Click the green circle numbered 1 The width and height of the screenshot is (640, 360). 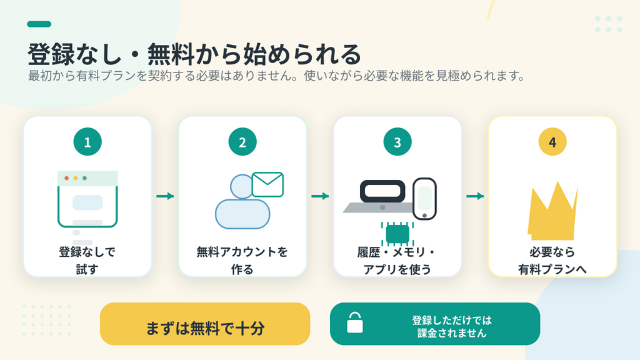tap(87, 142)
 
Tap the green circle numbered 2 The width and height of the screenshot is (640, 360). tap(242, 142)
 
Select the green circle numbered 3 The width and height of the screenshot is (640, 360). tap(397, 142)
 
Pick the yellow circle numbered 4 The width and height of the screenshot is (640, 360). tap(552, 142)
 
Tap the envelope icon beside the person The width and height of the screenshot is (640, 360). tap(267, 184)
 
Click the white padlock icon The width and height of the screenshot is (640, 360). tap(355, 322)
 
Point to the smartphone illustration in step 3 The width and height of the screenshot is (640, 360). tap(424, 199)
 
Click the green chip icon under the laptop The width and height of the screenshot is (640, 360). tap(397, 234)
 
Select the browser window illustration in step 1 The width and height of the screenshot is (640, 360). tap(87, 199)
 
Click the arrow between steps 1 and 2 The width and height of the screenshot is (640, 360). tap(165, 196)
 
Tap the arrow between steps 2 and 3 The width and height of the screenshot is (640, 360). tap(320, 196)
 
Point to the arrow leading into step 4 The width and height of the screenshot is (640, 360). tap(475, 196)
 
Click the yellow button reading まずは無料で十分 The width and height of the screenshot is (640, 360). tap(205, 324)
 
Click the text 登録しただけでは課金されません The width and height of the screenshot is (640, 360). tap(452, 326)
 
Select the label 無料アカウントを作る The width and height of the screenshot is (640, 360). tap(242, 261)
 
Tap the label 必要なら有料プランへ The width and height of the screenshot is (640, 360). tap(552, 261)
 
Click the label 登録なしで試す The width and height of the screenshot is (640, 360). tap(87, 261)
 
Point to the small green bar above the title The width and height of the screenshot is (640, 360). tap(39, 24)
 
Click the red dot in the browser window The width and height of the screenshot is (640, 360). tap(66, 178)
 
